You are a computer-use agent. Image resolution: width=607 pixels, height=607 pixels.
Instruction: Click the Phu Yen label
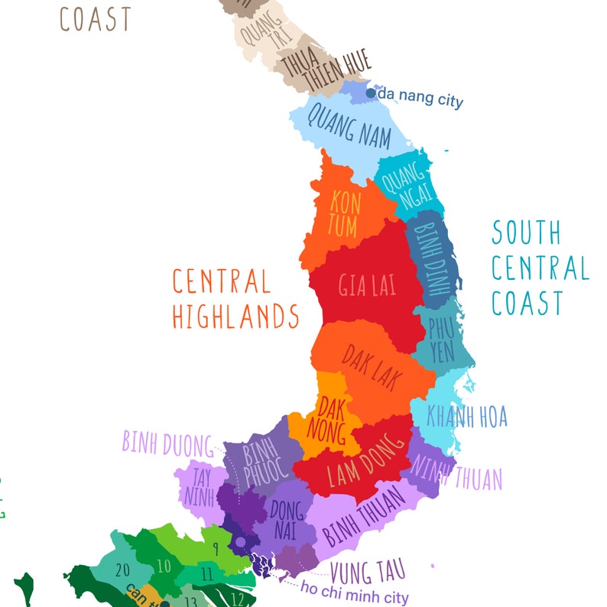441,341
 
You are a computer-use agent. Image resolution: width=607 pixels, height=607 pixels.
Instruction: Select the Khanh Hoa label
466,417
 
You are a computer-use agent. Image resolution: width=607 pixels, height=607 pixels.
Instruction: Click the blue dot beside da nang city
371,93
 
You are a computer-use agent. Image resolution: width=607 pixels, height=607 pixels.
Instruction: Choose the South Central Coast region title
540,268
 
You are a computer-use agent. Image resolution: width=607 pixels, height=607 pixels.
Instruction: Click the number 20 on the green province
122,570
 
